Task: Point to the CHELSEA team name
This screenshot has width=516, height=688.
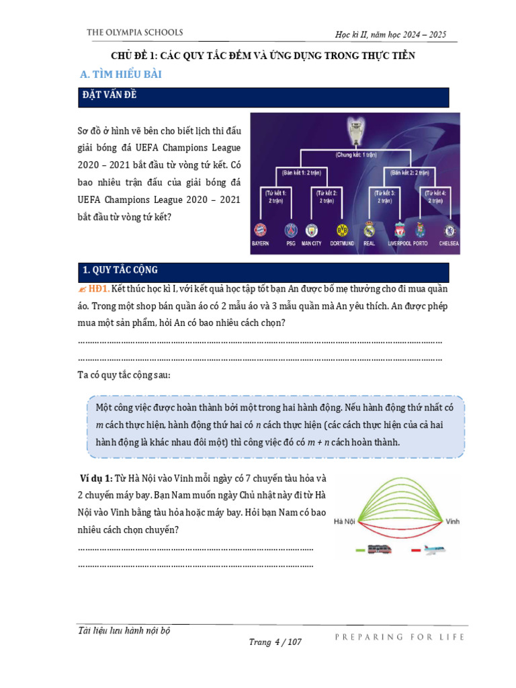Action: (448, 243)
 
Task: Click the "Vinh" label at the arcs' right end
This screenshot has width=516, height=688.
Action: (454, 521)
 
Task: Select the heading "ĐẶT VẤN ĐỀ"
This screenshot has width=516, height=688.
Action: (108, 96)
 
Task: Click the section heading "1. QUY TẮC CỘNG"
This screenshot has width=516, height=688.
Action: (120, 270)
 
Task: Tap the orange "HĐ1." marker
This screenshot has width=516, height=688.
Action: (99, 288)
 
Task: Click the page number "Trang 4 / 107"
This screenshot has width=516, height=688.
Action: (275, 642)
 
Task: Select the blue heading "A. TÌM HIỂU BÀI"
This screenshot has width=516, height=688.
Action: (121, 75)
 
